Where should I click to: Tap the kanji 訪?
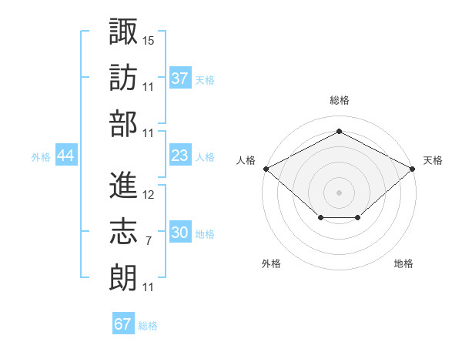(123, 77)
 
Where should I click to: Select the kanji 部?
(123, 124)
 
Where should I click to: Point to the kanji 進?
(123, 185)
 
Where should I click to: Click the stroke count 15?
(149, 39)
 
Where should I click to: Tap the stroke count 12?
(149, 195)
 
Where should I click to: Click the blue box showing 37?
(179, 79)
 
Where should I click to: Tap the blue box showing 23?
(179, 156)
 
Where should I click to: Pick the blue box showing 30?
(179, 233)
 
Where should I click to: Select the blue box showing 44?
(66, 156)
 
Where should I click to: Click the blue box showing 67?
(122, 324)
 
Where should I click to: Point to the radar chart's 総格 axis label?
(339, 100)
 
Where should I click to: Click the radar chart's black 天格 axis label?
(433, 160)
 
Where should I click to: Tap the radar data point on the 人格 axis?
(266, 168)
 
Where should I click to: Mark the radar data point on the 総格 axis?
(339, 132)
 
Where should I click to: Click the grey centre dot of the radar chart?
(339, 192)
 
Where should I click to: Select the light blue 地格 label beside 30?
(205, 234)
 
